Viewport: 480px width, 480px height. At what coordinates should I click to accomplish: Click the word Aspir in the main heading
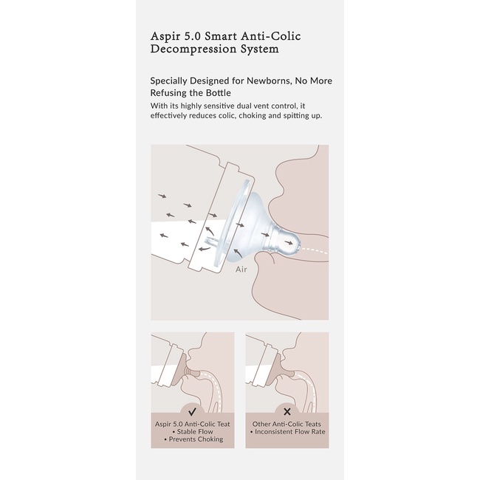click(x=165, y=37)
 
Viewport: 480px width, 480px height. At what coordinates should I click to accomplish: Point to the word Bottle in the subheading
click(x=219, y=93)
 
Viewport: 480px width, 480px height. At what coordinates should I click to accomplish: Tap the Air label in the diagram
click(x=241, y=270)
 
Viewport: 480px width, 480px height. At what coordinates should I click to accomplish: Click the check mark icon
click(x=192, y=412)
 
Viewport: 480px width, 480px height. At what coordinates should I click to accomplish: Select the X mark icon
click(x=287, y=412)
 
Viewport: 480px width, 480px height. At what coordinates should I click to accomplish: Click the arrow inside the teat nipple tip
click(x=288, y=243)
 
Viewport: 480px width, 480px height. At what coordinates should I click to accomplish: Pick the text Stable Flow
click(x=193, y=432)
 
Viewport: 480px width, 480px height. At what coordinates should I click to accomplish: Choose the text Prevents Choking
click(x=193, y=439)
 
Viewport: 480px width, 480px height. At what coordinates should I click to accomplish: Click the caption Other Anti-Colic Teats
click(x=287, y=424)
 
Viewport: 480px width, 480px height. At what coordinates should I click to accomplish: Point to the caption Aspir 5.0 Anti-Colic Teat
click(x=192, y=424)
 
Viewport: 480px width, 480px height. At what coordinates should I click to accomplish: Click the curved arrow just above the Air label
click(x=238, y=253)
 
